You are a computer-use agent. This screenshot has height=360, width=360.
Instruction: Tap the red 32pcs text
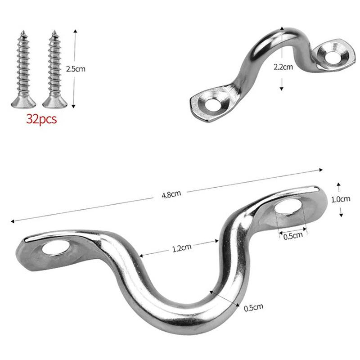click(x=41, y=120)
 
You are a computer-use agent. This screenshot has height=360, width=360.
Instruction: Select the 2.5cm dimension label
click(x=75, y=69)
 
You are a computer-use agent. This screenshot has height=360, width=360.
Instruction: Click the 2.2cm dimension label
click(x=283, y=67)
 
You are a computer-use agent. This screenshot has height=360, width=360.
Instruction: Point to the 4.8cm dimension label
click(x=171, y=194)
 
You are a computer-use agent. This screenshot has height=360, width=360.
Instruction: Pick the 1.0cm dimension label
click(x=340, y=198)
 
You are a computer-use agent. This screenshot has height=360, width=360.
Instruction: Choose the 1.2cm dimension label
click(x=182, y=247)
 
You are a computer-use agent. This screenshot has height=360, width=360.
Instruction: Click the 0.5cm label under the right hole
click(x=293, y=236)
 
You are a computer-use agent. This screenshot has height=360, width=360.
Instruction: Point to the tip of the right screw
click(x=54, y=32)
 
